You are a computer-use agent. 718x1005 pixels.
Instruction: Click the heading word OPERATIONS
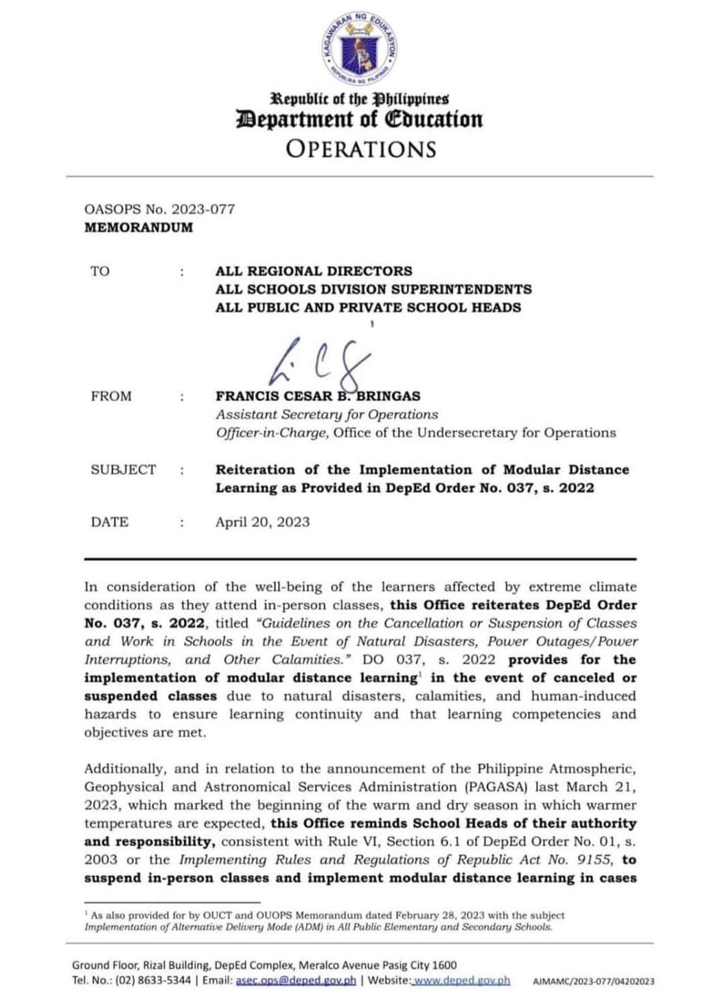click(x=360, y=149)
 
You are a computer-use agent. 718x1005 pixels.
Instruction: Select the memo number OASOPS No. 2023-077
click(x=159, y=209)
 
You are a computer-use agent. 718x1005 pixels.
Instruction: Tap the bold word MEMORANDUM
click(x=139, y=227)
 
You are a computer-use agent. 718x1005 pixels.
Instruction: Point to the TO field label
click(x=100, y=271)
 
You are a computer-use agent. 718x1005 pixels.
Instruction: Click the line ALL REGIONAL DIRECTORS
click(x=314, y=271)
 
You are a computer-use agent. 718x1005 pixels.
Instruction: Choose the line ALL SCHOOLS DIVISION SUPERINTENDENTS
click(x=373, y=289)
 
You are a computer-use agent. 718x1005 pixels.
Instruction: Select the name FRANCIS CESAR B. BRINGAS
click(x=318, y=396)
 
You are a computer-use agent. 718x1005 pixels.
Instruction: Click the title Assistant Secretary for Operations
click(x=327, y=415)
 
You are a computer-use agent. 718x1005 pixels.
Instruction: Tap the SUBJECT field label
click(x=124, y=470)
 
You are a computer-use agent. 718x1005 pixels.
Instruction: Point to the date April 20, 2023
click(x=262, y=522)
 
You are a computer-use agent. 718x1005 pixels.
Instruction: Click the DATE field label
click(x=110, y=522)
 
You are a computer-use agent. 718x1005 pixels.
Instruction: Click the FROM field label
click(x=111, y=396)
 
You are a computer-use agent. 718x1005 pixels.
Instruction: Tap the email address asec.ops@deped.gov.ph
click(x=296, y=980)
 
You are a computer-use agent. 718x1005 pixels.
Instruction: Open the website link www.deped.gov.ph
click(x=462, y=980)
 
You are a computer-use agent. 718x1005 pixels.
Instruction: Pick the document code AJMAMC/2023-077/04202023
click(x=593, y=982)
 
